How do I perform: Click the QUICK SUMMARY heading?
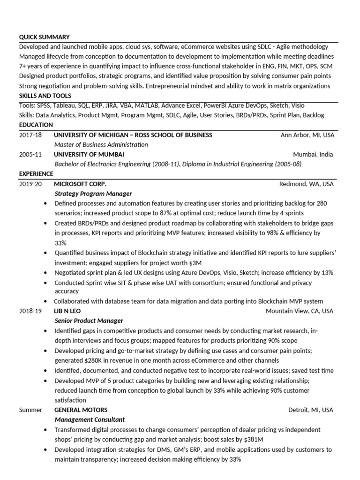pyautogui.click(x=44, y=37)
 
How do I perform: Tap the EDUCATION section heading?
pyautogui.click(x=36, y=125)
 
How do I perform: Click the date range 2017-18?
pyautogui.click(x=30, y=135)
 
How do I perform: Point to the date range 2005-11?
pyautogui.click(x=30, y=154)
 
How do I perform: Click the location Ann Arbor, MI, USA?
pyautogui.click(x=307, y=135)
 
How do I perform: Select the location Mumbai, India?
pyautogui.click(x=313, y=154)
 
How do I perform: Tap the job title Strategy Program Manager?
pyautogui.click(x=93, y=194)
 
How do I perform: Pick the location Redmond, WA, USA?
pyautogui.click(x=306, y=184)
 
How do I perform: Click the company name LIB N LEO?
pyautogui.click(x=70, y=311)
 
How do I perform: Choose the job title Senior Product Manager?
pyautogui.click(x=89, y=321)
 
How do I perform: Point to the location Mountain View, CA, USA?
pyautogui.click(x=300, y=311)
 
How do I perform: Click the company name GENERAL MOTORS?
pyautogui.click(x=81, y=410)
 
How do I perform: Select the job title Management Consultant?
pyautogui.click(x=90, y=420)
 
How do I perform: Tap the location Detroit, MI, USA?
pyautogui.click(x=311, y=410)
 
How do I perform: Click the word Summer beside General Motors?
pyautogui.click(x=30, y=410)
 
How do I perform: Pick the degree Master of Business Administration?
pyautogui.click(x=101, y=145)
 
